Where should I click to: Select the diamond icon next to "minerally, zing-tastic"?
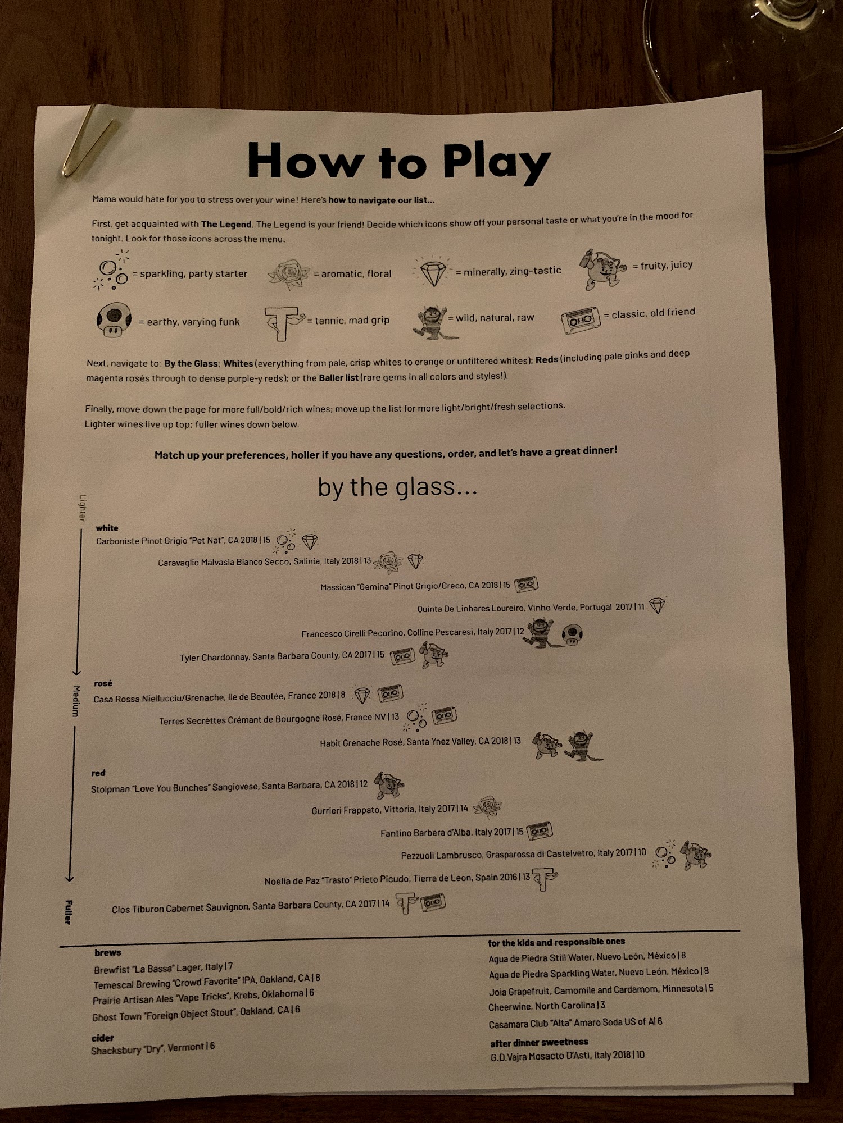click(433, 272)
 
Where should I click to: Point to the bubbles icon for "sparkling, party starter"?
click(112, 271)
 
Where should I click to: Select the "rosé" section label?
click(103, 683)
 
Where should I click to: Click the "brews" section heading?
click(108, 952)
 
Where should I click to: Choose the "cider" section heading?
click(103, 1038)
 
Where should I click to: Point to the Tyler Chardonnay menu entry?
click(282, 656)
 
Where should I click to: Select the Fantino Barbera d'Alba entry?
click(452, 832)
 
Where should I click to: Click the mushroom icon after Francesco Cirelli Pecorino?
click(572, 634)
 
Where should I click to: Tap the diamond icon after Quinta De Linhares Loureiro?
click(657, 605)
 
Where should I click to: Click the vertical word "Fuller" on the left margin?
click(68, 912)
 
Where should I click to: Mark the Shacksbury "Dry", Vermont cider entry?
click(153, 1048)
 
